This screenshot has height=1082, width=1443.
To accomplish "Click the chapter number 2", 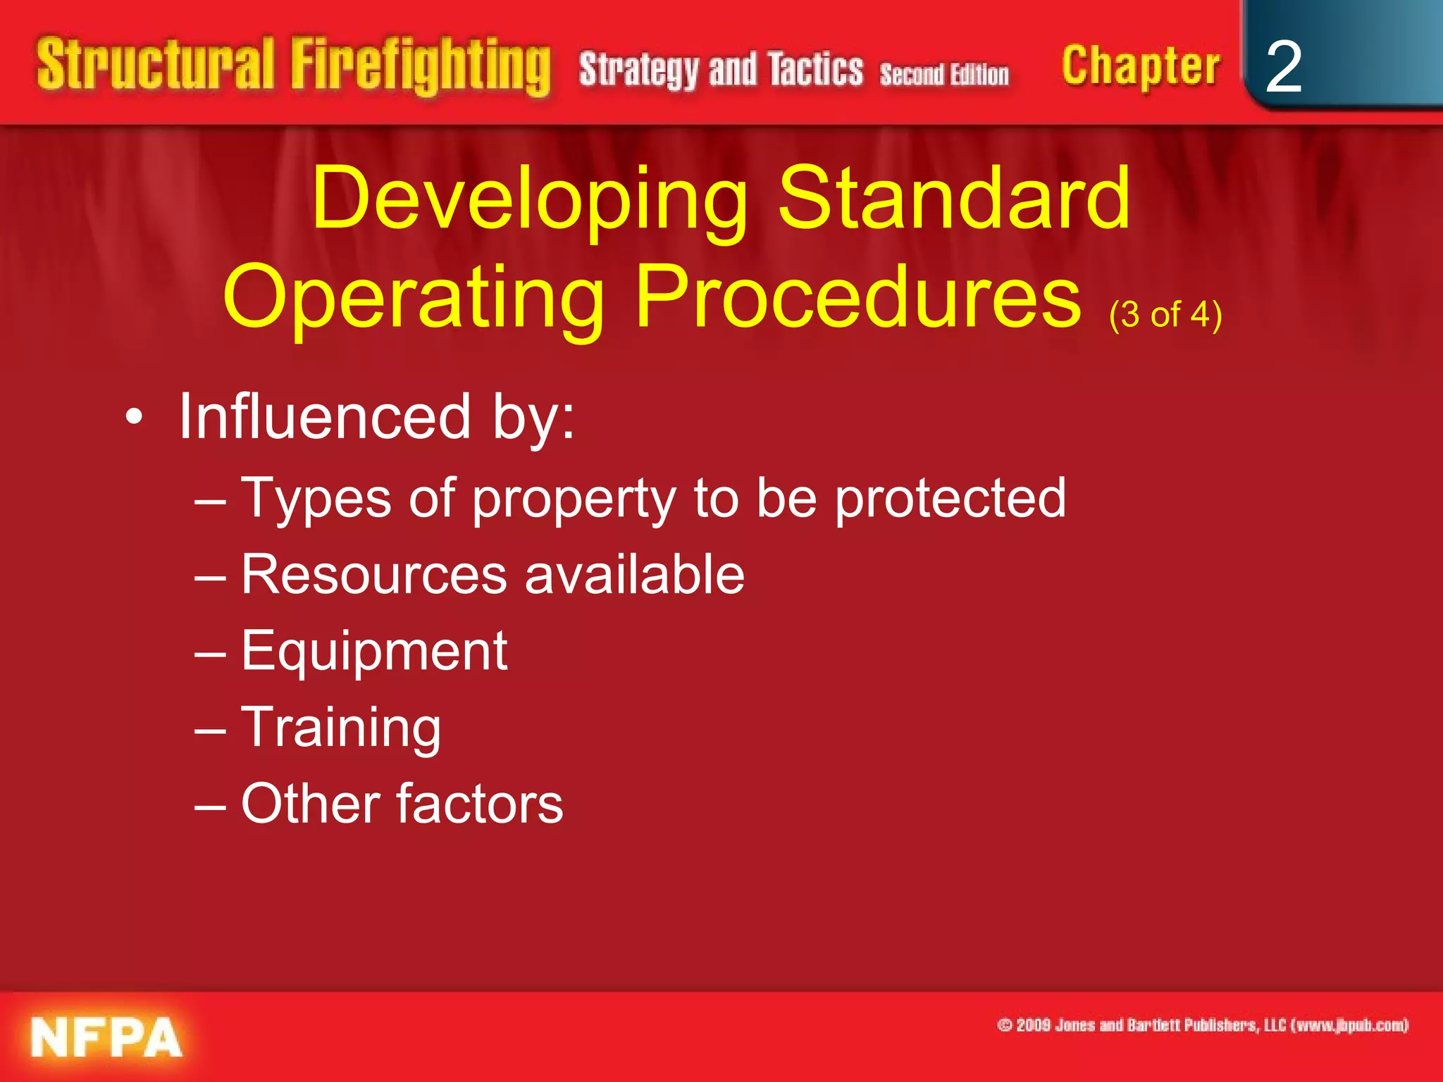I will click(x=1283, y=67).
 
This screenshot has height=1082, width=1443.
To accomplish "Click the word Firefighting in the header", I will click(x=421, y=67).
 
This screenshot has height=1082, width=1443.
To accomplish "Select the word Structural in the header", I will click(x=155, y=65).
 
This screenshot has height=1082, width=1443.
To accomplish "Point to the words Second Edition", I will click(x=943, y=74).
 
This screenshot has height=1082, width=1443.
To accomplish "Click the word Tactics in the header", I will click(x=815, y=70).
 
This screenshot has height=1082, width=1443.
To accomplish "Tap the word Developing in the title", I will click(x=530, y=199).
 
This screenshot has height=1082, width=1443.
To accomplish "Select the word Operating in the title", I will click(x=414, y=298).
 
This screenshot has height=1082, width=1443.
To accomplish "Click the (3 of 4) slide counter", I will click(x=1165, y=314).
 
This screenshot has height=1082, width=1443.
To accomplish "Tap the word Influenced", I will click(x=325, y=416).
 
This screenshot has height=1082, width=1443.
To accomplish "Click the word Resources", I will click(x=374, y=574).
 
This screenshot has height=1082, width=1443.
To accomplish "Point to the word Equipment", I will click(x=374, y=652).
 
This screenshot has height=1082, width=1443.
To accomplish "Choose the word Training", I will click(x=341, y=728).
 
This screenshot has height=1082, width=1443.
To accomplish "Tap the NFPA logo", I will click(x=106, y=1038).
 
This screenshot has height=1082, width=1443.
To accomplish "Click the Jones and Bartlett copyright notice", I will click(x=1202, y=1025).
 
